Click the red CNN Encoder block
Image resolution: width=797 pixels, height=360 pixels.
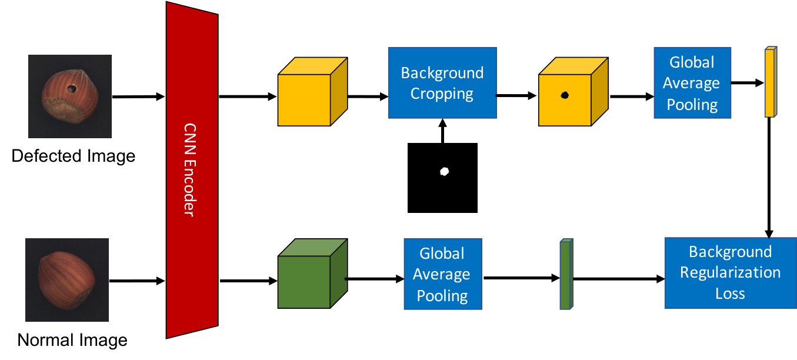pos(192,170)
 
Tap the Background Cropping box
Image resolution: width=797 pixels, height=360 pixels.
pos(442,83)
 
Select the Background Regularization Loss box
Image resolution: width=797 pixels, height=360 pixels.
pos(731,273)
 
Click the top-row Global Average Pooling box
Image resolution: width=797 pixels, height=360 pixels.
pos(692,83)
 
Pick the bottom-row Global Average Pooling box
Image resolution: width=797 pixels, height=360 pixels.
pos(443,274)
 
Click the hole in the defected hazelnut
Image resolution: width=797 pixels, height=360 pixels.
pos(72,88)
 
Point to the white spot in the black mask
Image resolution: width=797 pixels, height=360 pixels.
pos(445,171)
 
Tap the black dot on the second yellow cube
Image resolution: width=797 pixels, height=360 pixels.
pos(565,95)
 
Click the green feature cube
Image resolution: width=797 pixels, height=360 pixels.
pos(312,273)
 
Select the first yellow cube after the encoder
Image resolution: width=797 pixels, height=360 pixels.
pos(312,91)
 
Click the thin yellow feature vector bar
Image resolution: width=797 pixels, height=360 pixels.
pos(771,82)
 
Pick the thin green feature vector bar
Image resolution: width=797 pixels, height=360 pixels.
pos(566,274)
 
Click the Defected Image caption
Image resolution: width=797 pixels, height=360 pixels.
pos(74,156)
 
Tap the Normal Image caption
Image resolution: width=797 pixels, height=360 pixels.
pos(72,340)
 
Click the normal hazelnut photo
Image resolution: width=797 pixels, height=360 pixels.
pos(67,280)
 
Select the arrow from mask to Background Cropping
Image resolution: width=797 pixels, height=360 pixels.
pos(443,131)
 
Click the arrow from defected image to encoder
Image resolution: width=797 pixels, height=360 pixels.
pos(138,96)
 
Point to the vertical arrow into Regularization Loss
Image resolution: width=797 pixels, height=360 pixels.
pos(769,178)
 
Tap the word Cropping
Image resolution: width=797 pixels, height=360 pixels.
pos(442,94)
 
